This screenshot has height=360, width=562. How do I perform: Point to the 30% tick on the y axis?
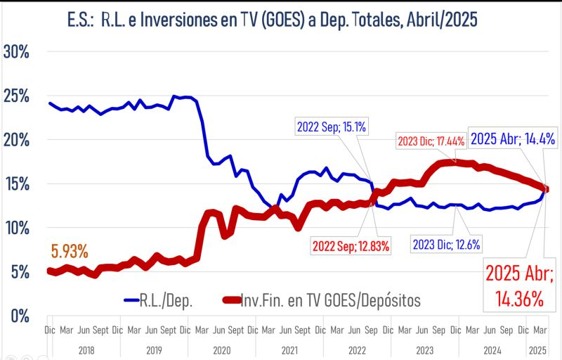click(17, 53)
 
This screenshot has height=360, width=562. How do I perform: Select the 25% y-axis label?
click(17, 96)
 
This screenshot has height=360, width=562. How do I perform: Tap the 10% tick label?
click(17, 228)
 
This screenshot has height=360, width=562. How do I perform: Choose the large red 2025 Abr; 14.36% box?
click(518, 285)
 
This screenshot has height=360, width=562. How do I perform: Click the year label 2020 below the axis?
click(221, 349)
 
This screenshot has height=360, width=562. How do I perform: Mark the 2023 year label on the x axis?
click(424, 349)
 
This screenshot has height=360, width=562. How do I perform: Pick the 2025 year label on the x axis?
click(537, 349)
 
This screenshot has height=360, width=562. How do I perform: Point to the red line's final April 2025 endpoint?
click(546, 188)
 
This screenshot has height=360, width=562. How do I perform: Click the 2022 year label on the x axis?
click(357, 349)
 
